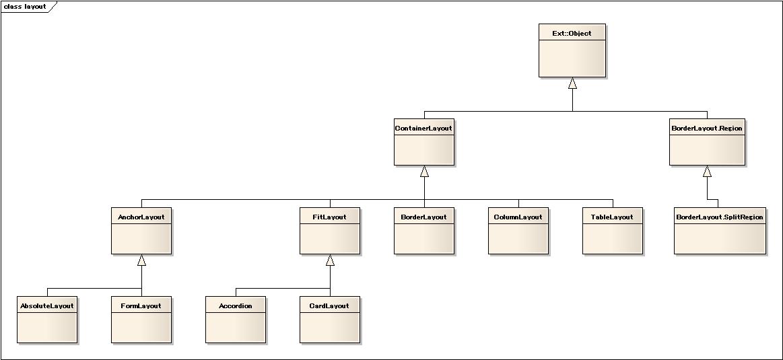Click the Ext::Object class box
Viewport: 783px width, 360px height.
(x=572, y=50)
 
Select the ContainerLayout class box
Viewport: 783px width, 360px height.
(x=424, y=142)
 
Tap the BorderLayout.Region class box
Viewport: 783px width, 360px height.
(x=707, y=142)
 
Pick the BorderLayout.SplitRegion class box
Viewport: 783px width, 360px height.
(x=720, y=231)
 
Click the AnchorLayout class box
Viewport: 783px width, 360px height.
(x=141, y=231)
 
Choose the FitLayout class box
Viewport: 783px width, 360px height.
(x=330, y=231)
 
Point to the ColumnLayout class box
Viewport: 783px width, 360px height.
(x=518, y=231)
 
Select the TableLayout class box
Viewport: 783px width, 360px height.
(x=613, y=231)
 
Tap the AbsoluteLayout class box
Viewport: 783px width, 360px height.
(x=47, y=320)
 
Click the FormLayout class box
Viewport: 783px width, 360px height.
(x=141, y=320)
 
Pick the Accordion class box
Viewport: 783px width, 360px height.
(x=236, y=320)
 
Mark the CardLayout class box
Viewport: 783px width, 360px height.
(x=330, y=320)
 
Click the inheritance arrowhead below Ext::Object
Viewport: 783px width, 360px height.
(x=572, y=83)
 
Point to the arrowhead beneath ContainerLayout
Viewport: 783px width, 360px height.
(x=424, y=172)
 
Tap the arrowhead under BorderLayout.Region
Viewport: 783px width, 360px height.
(x=707, y=172)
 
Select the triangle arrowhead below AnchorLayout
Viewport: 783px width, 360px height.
(x=142, y=260)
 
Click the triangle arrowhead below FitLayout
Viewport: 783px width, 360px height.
(x=330, y=260)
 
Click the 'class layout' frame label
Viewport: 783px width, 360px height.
(x=25, y=7)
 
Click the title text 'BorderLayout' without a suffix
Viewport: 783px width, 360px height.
(x=423, y=217)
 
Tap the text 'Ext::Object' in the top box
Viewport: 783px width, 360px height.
(x=572, y=34)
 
